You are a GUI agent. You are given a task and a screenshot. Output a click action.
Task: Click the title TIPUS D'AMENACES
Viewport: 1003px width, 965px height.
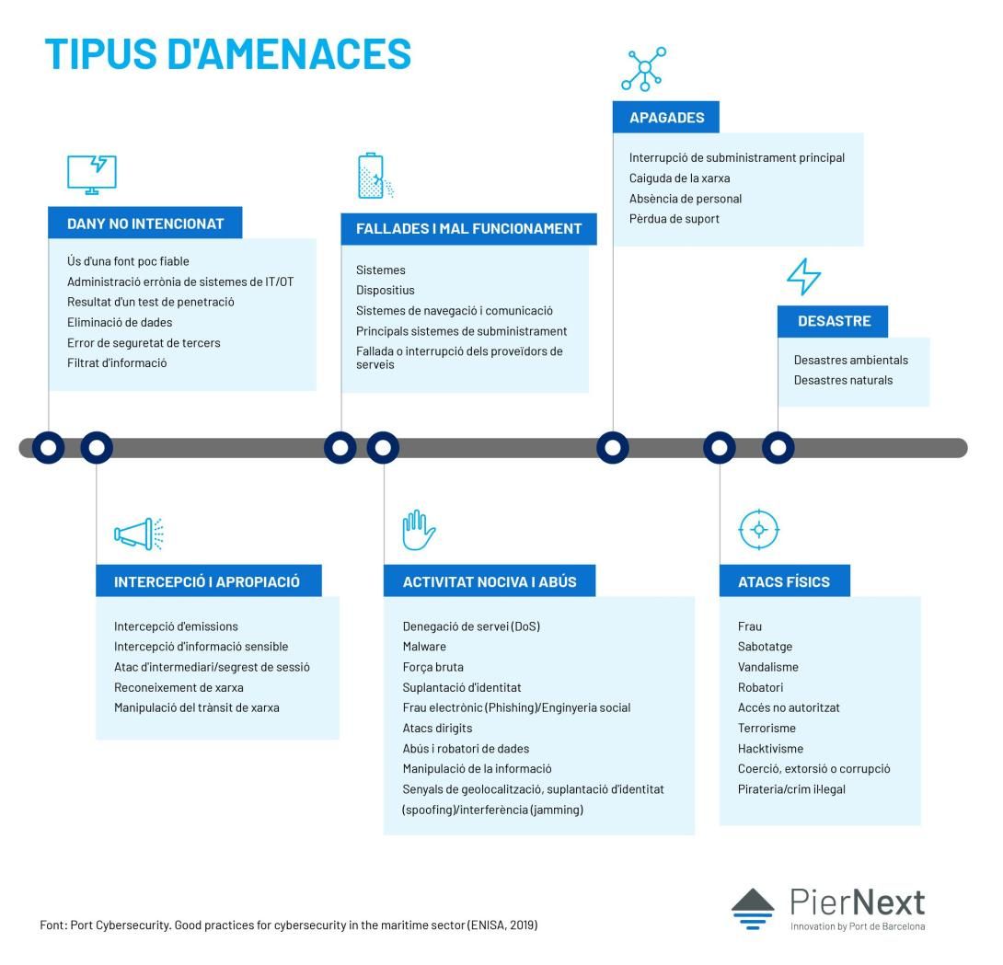pos(227,53)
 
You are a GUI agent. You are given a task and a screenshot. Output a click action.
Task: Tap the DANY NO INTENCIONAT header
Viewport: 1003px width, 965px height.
pos(145,224)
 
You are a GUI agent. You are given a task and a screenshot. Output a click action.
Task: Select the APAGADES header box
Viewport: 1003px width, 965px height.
pos(666,117)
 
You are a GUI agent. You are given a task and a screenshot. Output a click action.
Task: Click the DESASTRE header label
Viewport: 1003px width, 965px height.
pos(834,321)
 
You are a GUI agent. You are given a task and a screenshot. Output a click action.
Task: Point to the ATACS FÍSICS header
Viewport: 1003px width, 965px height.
pos(784,581)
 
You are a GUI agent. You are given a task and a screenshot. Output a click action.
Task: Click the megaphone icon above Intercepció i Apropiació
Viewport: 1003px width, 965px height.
pos(139,534)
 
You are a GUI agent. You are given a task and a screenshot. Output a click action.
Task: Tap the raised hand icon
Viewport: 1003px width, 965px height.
pos(419,530)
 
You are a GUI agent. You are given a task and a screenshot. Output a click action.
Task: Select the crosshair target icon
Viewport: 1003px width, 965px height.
pos(759,530)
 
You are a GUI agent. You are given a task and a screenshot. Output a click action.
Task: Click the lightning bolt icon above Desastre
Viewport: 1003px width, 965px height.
pos(803,276)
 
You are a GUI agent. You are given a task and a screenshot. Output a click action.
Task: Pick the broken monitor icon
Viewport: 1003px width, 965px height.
pos(92,174)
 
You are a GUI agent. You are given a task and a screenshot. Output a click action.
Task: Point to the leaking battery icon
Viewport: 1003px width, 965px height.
pos(375,176)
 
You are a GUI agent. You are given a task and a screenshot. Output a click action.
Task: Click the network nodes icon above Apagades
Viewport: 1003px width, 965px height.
pos(644,68)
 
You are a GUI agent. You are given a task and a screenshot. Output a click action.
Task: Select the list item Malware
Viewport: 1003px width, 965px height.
pos(424,647)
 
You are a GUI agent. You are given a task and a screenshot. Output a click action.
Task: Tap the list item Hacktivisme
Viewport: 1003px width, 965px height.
pos(770,748)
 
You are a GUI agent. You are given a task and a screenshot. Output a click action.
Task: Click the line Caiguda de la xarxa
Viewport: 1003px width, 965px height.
pos(679,178)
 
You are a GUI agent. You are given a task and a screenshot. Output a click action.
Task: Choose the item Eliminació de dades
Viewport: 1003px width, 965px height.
pos(120,322)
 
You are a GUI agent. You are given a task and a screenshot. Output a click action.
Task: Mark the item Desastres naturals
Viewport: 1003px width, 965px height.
pos(843,380)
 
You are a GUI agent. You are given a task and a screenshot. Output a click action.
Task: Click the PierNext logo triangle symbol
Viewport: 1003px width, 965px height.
pos(753,908)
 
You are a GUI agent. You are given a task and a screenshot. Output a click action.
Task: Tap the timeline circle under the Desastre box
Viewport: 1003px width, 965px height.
pos(778,448)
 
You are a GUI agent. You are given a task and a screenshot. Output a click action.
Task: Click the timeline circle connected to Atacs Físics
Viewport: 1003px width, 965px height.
pos(720,448)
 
